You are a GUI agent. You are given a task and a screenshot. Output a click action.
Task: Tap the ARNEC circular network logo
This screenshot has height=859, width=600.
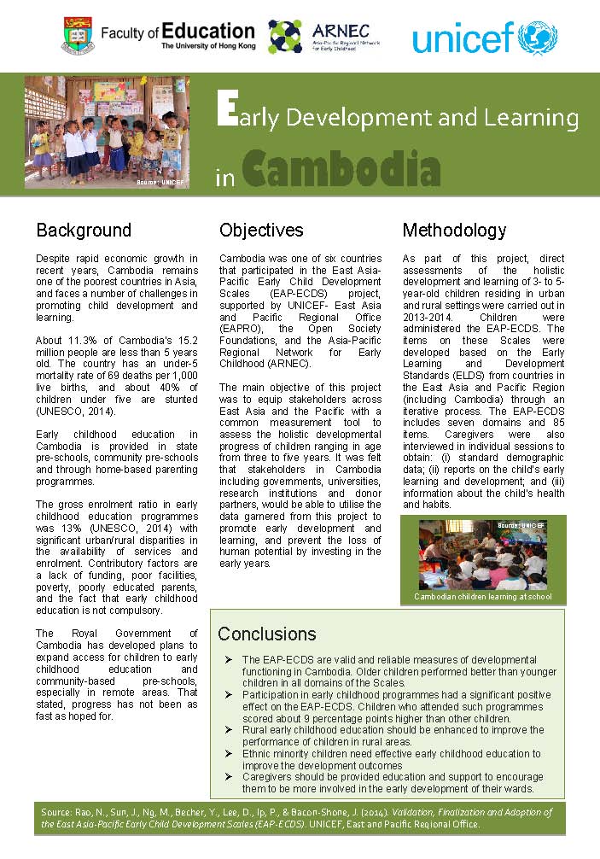285,36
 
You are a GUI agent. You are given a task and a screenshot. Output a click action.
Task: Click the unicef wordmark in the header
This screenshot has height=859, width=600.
462,37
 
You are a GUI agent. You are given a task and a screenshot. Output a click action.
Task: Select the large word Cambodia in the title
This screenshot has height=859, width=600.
341,170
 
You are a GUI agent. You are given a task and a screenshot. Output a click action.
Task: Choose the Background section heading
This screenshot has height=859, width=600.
84,231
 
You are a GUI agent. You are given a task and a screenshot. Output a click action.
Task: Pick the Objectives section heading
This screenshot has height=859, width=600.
261,231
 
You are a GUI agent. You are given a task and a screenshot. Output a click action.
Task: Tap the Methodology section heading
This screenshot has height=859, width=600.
454,231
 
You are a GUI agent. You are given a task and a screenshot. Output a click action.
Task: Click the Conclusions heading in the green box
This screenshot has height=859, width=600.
266,634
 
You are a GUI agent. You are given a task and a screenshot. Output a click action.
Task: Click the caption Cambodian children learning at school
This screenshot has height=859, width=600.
482,596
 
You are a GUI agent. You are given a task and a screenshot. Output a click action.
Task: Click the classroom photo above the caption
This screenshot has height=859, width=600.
482,553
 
